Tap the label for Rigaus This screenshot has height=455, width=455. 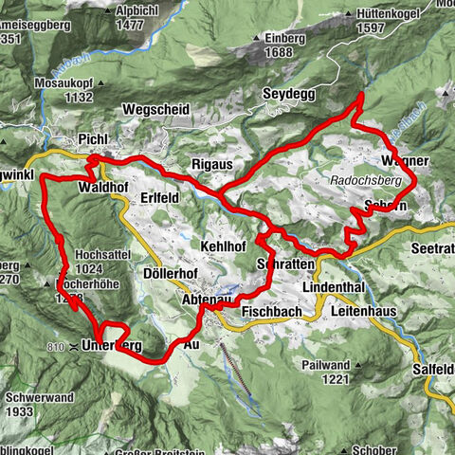tap(213, 165)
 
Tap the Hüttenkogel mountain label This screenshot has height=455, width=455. tap(395, 14)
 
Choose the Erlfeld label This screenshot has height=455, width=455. tap(158, 197)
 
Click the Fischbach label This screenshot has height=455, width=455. tap(271, 312)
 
